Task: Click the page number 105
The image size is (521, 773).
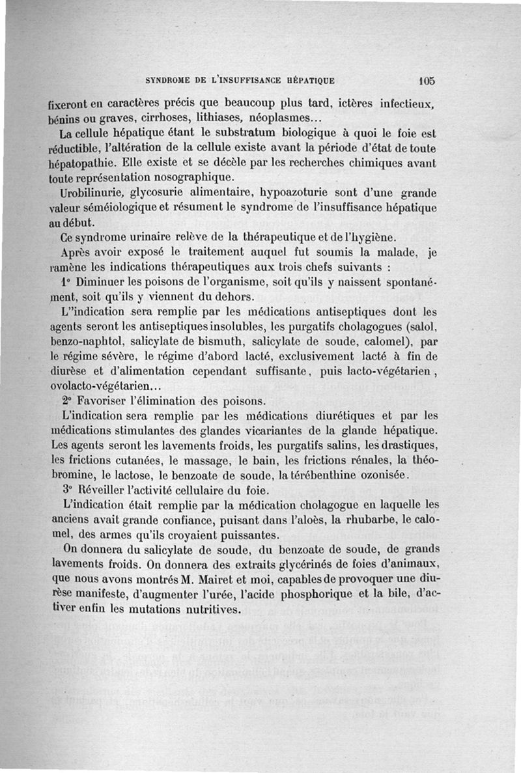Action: [427, 81]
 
